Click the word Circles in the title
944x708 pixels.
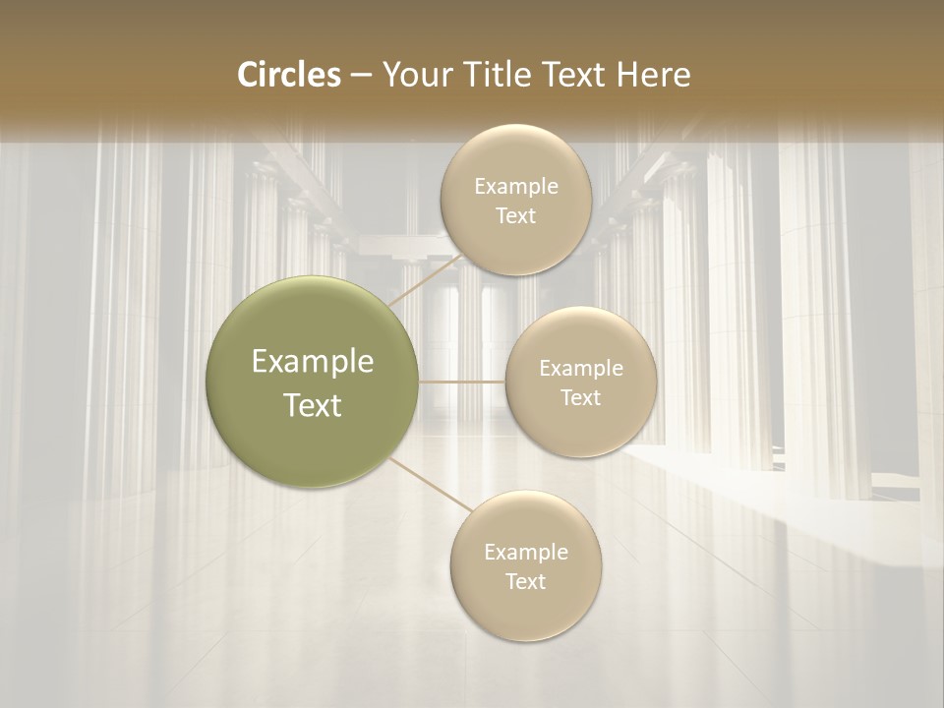click(289, 75)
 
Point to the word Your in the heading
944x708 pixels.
click(415, 75)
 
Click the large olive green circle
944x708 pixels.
click(312, 382)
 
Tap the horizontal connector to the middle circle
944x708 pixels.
click(462, 382)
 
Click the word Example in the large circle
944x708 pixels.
click(313, 362)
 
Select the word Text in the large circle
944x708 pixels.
click(313, 405)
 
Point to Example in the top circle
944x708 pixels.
click(516, 187)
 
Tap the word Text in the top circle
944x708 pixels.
click(515, 215)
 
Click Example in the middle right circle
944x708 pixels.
click(581, 369)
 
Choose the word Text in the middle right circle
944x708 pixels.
click(580, 397)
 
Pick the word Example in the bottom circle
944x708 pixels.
click(526, 553)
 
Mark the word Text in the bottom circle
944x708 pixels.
click(525, 581)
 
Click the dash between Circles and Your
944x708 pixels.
click(360, 75)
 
